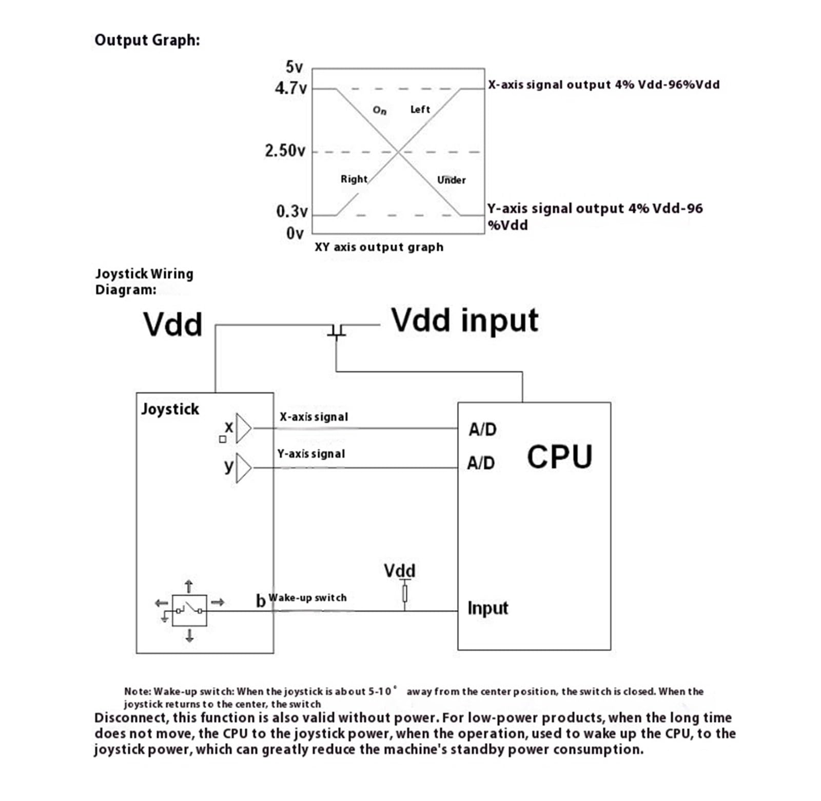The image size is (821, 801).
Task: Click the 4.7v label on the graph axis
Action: [290, 88]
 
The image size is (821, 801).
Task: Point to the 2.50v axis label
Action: [285, 151]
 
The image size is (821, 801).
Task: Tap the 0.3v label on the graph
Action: [291, 211]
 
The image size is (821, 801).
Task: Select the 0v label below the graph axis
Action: [295, 233]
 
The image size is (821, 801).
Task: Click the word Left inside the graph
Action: [420, 109]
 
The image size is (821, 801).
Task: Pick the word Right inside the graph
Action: [354, 179]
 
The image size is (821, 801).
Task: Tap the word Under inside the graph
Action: [452, 180]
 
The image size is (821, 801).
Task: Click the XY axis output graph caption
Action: [379, 247]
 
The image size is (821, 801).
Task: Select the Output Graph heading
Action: [147, 41]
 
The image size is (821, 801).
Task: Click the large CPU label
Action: [559, 457]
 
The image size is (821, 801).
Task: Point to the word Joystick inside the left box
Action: [170, 409]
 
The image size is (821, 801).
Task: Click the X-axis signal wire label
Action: [314, 417]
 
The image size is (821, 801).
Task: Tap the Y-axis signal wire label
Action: [311, 454]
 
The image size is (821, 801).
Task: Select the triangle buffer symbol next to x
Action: [243, 428]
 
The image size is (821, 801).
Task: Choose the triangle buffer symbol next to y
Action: [243, 468]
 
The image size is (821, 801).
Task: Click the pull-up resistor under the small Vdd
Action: [405, 594]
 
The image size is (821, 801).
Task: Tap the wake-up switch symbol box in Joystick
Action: [189, 611]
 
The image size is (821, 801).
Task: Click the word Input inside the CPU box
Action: [487, 608]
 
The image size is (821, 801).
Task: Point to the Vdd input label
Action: [465, 320]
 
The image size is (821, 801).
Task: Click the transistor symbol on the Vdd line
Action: [337, 330]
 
